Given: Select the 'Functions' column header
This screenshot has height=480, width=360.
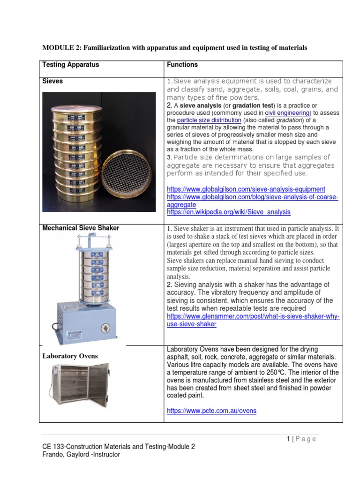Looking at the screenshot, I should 182,65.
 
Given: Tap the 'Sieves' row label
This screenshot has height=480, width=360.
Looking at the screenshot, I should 52,81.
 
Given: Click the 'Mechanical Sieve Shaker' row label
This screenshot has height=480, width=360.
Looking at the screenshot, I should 81,228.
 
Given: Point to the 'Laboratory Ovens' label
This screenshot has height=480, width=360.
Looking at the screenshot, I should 70,356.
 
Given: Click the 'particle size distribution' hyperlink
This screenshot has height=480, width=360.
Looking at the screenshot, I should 209,120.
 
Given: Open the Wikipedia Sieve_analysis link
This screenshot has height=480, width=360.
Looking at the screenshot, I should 228,212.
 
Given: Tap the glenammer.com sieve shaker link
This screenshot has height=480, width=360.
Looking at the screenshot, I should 253,320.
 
